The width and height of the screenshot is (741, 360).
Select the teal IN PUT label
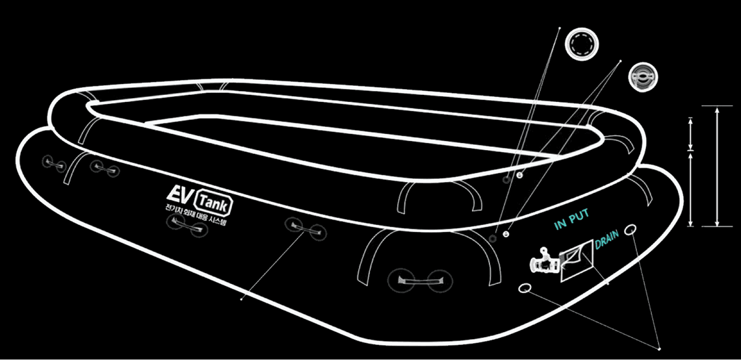570,222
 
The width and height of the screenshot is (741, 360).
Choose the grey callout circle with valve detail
643,77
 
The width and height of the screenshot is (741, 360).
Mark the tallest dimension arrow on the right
717,166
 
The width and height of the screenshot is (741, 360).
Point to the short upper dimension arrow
691,134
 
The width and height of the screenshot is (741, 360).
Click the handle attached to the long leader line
303,227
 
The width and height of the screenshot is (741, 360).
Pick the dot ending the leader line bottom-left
241,300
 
